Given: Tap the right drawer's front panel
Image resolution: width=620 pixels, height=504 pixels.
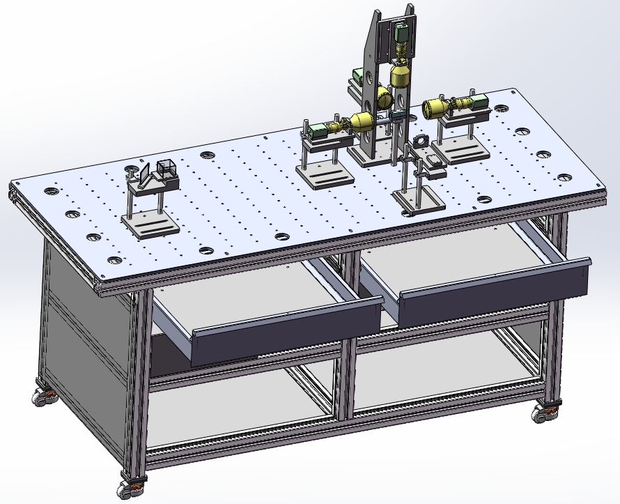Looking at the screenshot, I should [495, 285].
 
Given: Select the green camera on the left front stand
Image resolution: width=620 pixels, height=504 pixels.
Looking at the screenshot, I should [317, 130].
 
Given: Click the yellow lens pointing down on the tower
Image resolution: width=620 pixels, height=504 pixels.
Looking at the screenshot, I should [401, 75].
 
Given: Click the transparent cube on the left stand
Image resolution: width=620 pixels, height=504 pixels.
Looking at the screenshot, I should [166, 169].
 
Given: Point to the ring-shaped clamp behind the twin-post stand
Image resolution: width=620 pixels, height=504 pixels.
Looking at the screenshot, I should [422, 142].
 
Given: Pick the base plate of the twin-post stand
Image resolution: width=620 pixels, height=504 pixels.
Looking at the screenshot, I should [418, 200].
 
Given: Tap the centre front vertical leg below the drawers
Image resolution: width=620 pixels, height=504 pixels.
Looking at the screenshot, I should [346, 376].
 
